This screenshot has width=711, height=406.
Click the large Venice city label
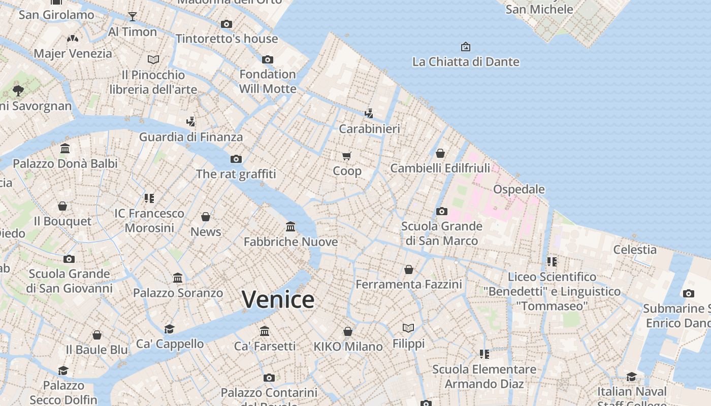278,299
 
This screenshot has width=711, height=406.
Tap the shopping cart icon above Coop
347,156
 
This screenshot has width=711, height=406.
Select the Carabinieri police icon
369,113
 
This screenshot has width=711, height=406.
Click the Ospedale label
519,189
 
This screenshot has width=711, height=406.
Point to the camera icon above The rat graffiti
236,159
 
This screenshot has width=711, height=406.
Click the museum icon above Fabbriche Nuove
290,226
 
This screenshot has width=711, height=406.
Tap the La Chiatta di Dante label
466,62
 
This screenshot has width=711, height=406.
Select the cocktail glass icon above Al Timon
133,16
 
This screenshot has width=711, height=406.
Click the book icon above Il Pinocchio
153,59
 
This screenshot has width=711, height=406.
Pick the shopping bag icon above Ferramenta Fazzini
408,269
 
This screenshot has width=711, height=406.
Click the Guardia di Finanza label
191,137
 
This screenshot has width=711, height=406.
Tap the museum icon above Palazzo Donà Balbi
65,149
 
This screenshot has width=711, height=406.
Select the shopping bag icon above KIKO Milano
348,331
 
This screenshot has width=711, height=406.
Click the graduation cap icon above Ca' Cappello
169,329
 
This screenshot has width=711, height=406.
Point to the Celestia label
634,249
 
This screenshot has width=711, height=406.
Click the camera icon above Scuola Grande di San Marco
441,211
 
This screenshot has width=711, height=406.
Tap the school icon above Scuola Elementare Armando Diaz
484,354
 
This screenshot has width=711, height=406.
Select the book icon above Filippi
408,328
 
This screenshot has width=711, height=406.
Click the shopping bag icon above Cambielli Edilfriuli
440,153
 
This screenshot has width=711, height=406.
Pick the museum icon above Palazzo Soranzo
178,278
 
